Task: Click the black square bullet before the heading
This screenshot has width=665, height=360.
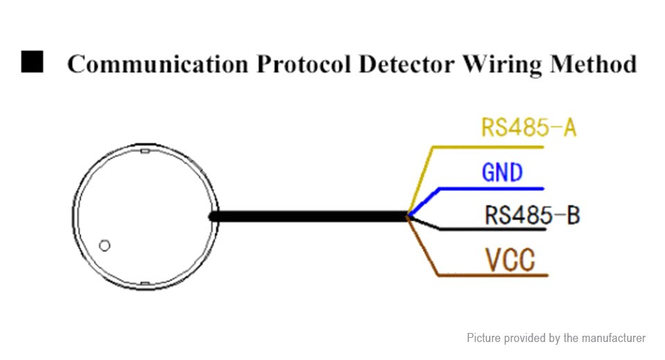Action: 32,62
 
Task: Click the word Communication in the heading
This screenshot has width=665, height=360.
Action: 157,64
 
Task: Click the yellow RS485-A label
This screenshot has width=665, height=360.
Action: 528,129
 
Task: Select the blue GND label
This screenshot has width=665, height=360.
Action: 502,172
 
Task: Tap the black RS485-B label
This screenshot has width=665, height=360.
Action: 531,215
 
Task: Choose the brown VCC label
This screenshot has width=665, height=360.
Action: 510,260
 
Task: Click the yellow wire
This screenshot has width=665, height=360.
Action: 485,147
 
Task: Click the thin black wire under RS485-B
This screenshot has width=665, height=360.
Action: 485,229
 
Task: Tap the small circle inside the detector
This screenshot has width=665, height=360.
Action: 105,245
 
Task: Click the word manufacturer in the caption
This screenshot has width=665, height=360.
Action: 613,338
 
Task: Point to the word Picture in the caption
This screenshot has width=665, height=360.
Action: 484,338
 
